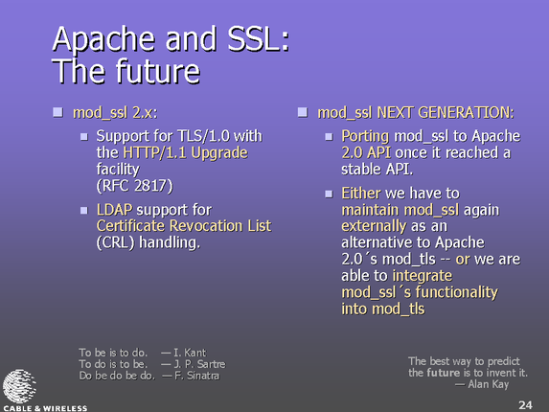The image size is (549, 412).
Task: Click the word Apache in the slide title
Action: coord(103,40)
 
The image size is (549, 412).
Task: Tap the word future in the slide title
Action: coord(158,71)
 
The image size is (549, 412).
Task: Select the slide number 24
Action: coord(525,405)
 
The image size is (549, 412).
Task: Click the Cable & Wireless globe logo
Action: coord(19,386)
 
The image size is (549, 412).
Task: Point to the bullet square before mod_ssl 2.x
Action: coord(57,112)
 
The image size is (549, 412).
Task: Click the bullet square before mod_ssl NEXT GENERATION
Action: coord(303,112)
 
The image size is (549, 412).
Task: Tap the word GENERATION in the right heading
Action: coord(466,113)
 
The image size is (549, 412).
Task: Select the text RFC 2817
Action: coord(135,186)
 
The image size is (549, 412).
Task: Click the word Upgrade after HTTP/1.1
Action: coord(219,153)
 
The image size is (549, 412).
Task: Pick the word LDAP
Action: coord(114,210)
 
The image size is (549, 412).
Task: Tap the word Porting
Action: coord(365,136)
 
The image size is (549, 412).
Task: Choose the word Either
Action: coord(361,193)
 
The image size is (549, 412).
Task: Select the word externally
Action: coord(374,226)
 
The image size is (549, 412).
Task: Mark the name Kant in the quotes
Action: coord(195,353)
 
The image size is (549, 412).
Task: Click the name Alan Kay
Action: coord(488,384)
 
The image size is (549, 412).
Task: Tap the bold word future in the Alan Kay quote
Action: coord(444,373)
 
